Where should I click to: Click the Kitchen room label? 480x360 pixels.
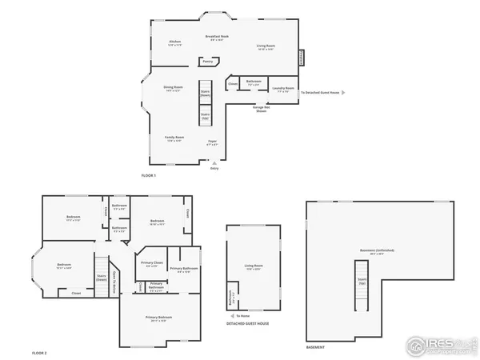point(175,42)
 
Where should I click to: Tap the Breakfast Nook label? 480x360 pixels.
point(217,37)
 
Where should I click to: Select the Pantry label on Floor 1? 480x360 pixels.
point(207,61)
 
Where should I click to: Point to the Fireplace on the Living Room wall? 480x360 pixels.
point(302,58)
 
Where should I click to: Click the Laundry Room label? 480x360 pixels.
point(283,90)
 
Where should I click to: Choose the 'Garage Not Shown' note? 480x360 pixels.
point(261,109)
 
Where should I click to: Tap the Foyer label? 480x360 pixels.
point(212,143)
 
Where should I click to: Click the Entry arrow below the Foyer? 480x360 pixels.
point(214,162)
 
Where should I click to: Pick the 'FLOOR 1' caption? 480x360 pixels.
point(149,175)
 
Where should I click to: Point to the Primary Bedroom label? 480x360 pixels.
point(158,318)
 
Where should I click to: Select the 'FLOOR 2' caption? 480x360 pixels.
point(40,352)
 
